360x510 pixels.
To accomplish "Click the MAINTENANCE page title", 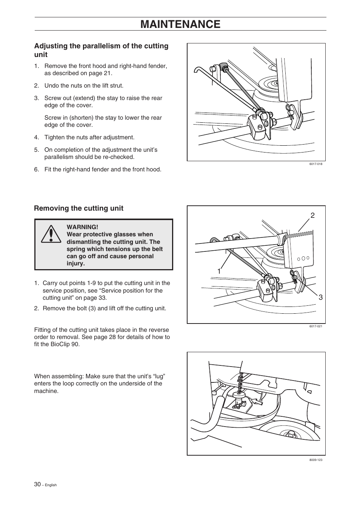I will point(180,24).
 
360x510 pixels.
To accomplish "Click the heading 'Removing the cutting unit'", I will point(78,208).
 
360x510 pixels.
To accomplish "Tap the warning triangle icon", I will point(49,234).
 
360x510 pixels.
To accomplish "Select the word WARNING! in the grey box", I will point(82,227).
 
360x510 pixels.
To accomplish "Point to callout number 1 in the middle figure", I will point(219,271).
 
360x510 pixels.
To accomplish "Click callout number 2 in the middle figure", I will point(312,216).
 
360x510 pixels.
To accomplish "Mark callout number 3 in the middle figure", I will point(320,297).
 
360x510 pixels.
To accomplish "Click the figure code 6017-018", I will point(315,164).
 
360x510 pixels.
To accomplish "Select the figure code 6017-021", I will point(315,327).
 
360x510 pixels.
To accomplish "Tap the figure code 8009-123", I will point(315,460).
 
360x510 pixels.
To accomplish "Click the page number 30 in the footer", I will point(37,484).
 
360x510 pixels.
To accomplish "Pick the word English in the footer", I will point(51,485).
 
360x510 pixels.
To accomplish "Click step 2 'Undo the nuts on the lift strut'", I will point(84,86).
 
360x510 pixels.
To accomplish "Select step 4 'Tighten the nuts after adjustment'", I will point(89,137).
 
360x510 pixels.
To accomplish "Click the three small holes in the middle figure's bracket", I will point(303,259).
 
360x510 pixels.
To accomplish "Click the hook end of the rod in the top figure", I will point(198,70).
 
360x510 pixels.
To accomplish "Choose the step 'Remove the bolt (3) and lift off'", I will point(104,308).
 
